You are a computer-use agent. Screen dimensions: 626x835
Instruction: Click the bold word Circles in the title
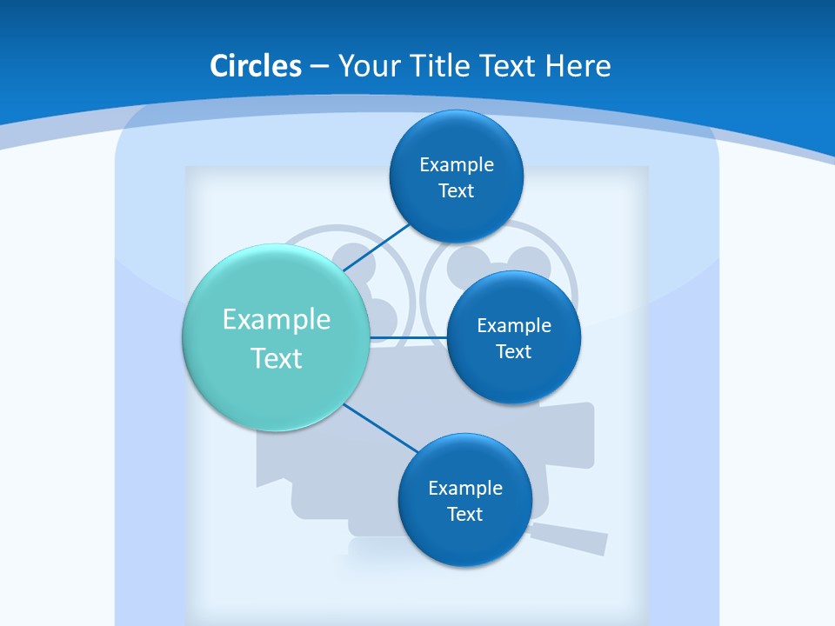point(256,66)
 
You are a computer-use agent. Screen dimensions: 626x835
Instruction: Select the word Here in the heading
point(578,66)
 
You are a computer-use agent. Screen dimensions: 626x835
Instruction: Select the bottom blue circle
point(464,539)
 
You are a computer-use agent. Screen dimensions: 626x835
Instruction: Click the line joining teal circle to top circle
point(379,246)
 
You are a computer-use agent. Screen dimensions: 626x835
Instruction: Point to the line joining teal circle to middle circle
point(409,337)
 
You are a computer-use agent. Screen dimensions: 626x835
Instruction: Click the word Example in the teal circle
point(277,319)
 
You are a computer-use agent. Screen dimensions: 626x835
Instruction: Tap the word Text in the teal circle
point(277,358)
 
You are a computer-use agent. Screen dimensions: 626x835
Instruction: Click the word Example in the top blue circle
point(457,164)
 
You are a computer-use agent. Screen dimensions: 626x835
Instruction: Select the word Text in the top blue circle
point(457,190)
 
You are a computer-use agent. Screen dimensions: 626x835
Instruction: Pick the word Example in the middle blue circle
point(514,325)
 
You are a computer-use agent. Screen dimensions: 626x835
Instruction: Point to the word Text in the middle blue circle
point(514,351)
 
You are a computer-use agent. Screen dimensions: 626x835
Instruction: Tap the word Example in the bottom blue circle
point(465,488)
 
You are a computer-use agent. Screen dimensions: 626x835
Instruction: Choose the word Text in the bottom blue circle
point(465,514)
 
